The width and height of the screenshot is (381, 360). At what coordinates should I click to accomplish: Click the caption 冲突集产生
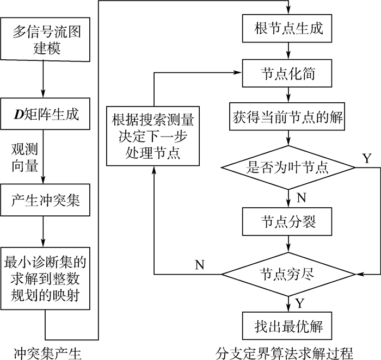[46, 353]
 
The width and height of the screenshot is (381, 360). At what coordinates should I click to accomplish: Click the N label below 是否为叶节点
[301, 198]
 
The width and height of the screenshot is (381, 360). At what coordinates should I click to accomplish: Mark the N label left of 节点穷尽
[200, 265]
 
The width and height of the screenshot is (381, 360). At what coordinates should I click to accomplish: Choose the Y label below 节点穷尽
[300, 302]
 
